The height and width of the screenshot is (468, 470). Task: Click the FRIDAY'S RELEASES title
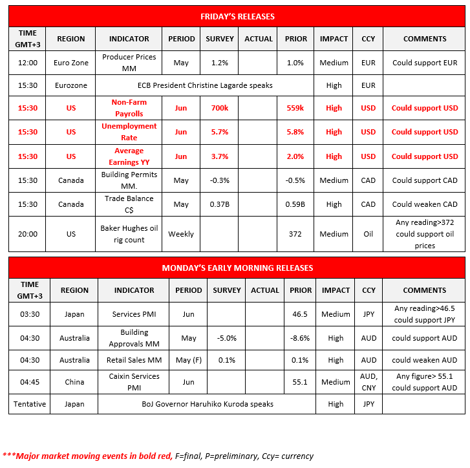(x=237, y=16)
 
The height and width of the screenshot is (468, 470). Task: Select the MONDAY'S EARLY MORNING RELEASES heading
(x=237, y=268)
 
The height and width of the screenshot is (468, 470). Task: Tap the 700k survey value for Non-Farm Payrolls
(x=220, y=108)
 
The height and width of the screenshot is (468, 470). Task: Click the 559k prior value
(x=295, y=108)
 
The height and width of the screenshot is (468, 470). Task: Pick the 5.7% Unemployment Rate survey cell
(x=220, y=132)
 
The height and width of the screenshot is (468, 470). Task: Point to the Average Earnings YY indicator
(x=129, y=156)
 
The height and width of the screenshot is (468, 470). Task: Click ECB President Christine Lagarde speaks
(x=205, y=85)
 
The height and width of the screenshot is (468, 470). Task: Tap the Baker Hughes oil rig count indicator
(x=129, y=234)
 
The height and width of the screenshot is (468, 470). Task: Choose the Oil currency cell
(x=368, y=234)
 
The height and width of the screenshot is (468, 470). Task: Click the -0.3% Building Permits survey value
(x=220, y=180)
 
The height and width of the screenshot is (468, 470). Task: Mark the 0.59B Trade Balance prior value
(x=295, y=204)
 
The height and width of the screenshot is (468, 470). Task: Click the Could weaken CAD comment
(x=425, y=204)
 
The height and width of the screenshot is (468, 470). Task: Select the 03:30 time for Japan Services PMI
(x=30, y=314)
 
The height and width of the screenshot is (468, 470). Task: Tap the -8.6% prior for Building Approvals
(x=299, y=338)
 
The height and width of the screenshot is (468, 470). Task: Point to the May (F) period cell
(x=189, y=360)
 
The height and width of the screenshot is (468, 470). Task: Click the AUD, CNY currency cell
(x=368, y=382)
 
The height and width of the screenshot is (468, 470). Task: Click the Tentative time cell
(x=30, y=404)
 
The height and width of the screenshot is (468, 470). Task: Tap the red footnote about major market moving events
(x=88, y=456)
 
